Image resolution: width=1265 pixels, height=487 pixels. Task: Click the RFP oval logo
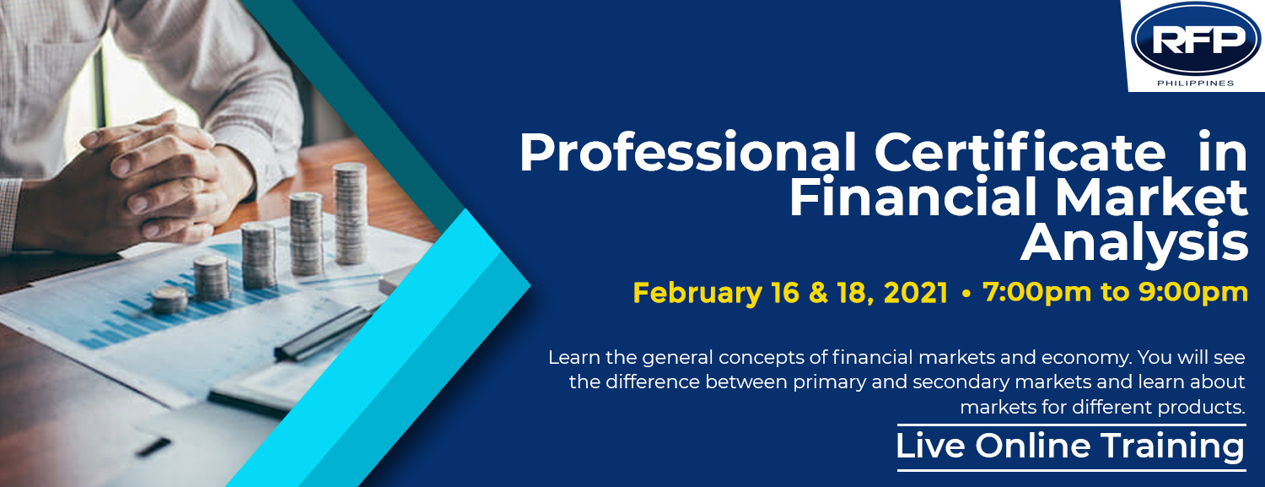pos(1196,39)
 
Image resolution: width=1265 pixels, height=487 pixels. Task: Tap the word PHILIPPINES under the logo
pos(1196,83)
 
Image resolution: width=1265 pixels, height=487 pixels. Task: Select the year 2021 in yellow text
pos(915,293)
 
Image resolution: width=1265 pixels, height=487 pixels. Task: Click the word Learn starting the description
pos(573,357)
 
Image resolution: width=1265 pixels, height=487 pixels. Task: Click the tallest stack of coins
pos(350,214)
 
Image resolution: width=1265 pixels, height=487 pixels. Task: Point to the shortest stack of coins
pos(169,300)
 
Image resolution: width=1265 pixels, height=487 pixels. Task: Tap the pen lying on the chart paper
pos(323,333)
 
